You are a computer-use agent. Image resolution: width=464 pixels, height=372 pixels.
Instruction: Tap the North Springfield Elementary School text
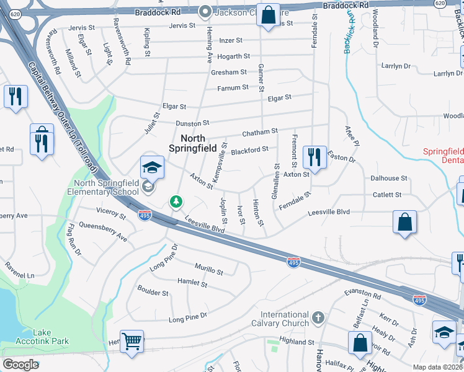[x=106, y=187]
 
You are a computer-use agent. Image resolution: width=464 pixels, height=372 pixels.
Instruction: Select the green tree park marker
[x=177, y=201]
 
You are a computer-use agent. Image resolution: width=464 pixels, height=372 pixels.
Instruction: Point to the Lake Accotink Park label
[x=42, y=337]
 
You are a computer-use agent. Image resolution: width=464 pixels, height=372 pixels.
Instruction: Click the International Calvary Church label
[x=285, y=319]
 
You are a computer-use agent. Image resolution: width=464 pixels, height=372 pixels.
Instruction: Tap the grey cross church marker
[x=318, y=318]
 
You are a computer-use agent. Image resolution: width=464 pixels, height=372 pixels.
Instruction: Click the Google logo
[x=20, y=365]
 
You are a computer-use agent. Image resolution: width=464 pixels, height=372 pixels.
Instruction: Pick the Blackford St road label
[x=249, y=149]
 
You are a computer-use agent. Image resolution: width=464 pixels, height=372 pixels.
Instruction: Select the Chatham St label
[x=259, y=132]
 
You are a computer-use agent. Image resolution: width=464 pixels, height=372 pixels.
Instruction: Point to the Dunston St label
[x=193, y=123]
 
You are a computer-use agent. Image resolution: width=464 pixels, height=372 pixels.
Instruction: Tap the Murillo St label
[x=208, y=270]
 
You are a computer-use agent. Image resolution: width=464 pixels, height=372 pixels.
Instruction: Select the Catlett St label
[x=387, y=195]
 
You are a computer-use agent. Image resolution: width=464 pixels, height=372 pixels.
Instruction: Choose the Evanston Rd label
[x=363, y=294]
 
